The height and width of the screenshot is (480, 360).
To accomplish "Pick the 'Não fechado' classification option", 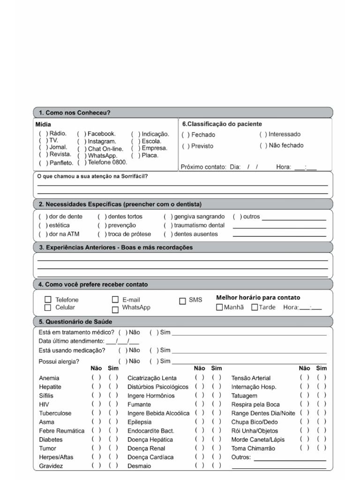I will [263, 146].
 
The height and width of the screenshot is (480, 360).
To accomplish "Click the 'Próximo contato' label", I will [203, 167].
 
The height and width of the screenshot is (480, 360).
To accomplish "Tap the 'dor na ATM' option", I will [43, 234].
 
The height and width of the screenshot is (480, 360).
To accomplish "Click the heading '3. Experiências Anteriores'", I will [115, 247].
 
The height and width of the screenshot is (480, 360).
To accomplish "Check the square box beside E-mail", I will [115, 300].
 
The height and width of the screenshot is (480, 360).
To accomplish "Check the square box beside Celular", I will [47, 307].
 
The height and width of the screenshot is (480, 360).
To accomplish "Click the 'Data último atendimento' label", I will [71, 341].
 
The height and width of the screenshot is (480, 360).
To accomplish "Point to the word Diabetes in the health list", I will [51, 440].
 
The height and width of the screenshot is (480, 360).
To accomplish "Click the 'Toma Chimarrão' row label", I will [253, 449].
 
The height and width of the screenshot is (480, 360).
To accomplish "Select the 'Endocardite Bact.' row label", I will [150, 431].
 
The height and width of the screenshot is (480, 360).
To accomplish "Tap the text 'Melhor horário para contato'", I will [258, 298].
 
